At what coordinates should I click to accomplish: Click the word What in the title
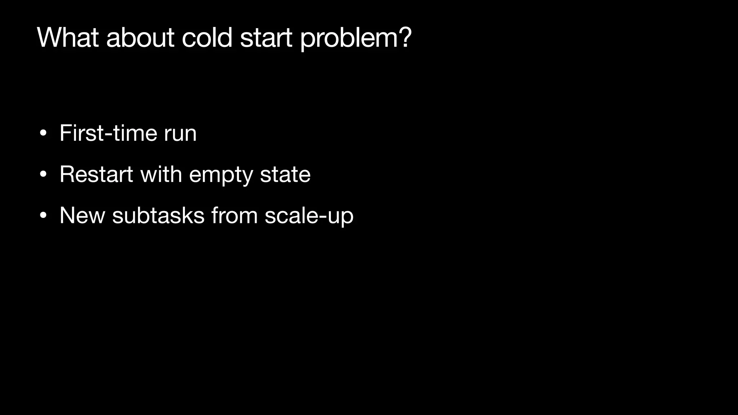pos(68,37)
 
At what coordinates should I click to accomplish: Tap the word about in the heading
pos(140,37)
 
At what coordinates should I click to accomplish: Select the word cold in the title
pos(207,37)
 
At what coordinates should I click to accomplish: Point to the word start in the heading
pos(266,37)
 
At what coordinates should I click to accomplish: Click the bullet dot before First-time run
pos(43,134)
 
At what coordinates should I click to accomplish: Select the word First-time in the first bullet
pos(108,133)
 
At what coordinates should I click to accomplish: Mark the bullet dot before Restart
pos(43,175)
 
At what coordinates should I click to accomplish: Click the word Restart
pos(96,174)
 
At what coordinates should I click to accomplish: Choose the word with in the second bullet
pos(161,174)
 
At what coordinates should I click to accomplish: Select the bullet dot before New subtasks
pos(43,216)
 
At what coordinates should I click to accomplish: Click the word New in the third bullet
pos(82,215)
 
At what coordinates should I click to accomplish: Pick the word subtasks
pos(158,215)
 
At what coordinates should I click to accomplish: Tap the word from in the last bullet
pos(234,215)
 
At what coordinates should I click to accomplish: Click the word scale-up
pos(309,216)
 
